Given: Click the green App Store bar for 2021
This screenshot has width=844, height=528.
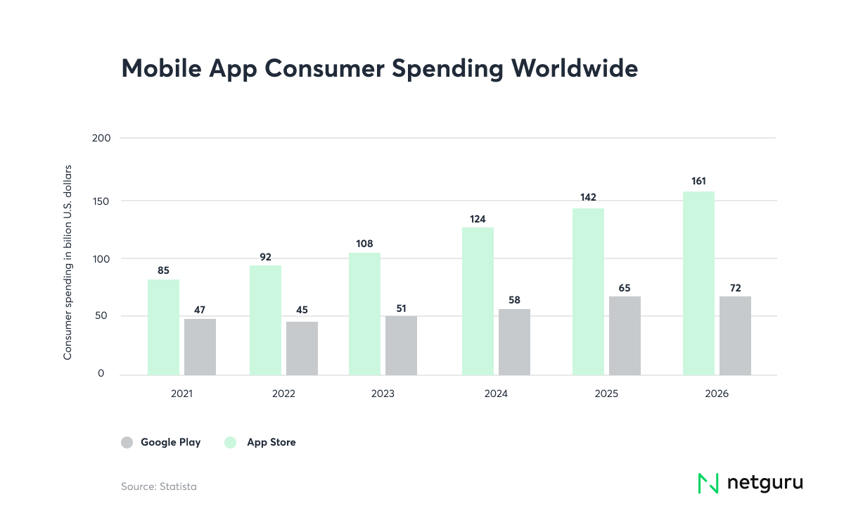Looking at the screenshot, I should click(x=163, y=327).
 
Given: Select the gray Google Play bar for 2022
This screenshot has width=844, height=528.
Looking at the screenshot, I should click(x=302, y=348).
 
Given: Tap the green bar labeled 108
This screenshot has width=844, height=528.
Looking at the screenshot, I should click(x=364, y=314).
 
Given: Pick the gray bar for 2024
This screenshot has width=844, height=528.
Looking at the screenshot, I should click(x=514, y=342).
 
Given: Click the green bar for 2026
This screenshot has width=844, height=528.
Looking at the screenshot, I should click(x=698, y=283).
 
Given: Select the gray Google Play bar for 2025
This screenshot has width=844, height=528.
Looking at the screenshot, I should click(x=625, y=336).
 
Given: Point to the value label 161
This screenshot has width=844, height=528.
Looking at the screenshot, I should click(x=699, y=181).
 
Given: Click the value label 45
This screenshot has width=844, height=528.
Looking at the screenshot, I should click(x=302, y=310).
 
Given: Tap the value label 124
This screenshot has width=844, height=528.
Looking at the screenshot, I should click(x=478, y=219).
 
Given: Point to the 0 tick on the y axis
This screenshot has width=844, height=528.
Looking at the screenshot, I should click(x=101, y=374).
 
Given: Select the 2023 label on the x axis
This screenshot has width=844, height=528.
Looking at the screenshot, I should click(x=383, y=394).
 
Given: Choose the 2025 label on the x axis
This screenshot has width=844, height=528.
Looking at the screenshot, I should click(x=606, y=394).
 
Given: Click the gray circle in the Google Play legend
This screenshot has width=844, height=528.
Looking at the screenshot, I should click(x=127, y=442).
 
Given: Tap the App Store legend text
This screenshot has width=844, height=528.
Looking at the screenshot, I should click(x=271, y=442).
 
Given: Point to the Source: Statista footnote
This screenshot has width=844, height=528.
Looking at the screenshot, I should click(x=159, y=486).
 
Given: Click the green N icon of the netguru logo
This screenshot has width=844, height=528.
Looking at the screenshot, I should click(x=708, y=483).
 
